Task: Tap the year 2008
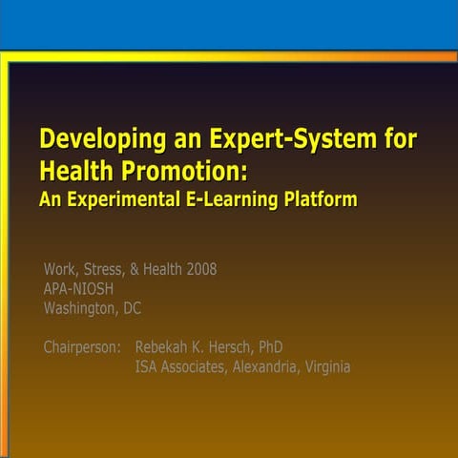coord(201,269)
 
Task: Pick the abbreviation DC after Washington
coord(132,308)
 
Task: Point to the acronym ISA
coord(147,366)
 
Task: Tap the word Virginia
coord(328,366)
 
